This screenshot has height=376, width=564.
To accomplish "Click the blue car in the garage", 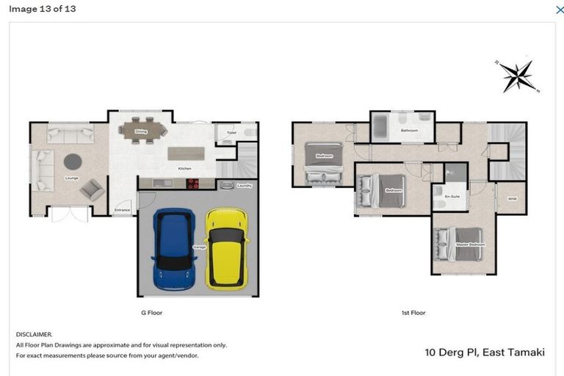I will click(173, 249).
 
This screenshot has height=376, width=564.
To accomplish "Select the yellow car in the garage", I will click(226, 247).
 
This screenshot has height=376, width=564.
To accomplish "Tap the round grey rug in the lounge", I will click(73, 161).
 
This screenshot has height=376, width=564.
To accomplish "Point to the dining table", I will click(142, 130).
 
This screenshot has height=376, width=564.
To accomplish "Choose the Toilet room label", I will click(231, 133).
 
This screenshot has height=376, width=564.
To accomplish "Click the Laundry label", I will click(245, 186).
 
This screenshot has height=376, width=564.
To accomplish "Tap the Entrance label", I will click(122, 211).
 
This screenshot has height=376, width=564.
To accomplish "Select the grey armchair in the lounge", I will click(92, 189).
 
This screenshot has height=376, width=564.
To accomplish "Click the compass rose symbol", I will click(518, 76).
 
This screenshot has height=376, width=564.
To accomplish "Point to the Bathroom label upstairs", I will click(409, 131).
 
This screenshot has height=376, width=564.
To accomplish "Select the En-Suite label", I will click(452, 197).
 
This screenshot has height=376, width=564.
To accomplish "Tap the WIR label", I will click(512, 198).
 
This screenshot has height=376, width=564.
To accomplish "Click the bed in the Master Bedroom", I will click(458, 245).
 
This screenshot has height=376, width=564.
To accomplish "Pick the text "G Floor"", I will click(151, 313).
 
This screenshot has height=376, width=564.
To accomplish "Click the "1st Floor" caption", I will click(413, 313).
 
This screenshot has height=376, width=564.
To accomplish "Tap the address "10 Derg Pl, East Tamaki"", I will click(485, 352).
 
